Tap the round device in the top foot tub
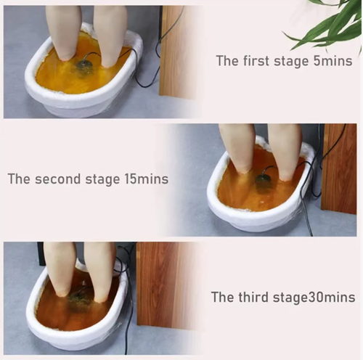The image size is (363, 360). click(x=84, y=67)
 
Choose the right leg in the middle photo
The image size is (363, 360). click(x=285, y=149)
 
